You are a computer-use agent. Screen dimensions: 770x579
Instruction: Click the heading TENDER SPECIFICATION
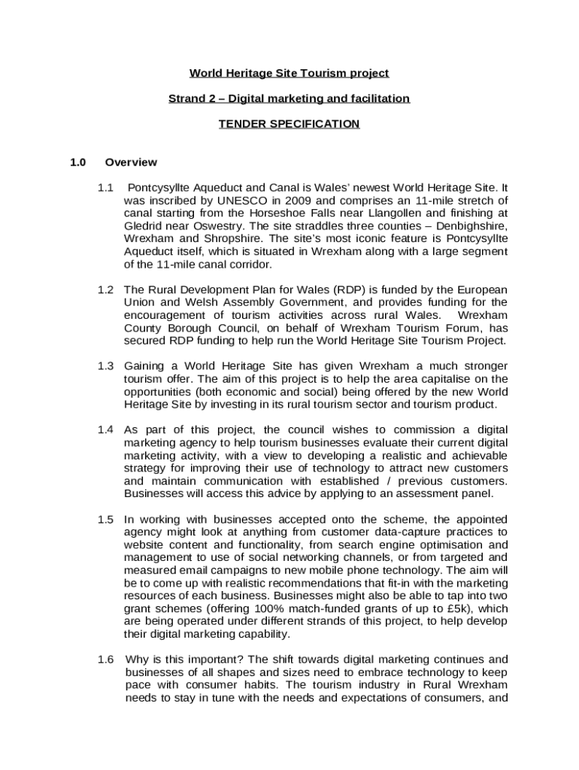tap(289, 124)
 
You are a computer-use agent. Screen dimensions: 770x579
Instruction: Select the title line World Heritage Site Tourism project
tap(289, 73)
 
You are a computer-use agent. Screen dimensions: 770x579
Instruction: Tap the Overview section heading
tap(131, 162)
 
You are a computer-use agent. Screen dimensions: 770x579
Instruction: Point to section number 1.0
tap(78, 162)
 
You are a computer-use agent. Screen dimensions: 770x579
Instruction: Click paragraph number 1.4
tap(105, 430)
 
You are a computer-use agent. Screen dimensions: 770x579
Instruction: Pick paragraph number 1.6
tap(105, 659)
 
